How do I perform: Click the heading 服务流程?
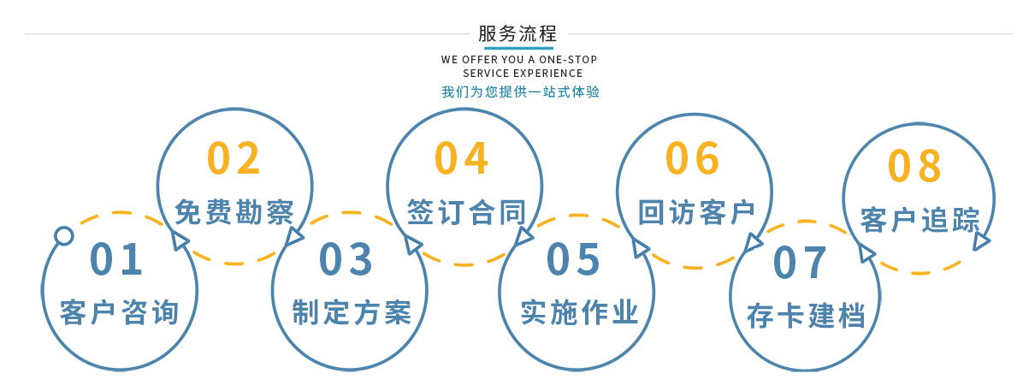(x=517, y=33)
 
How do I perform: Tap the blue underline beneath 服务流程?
(x=518, y=48)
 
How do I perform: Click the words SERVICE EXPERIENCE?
(x=523, y=73)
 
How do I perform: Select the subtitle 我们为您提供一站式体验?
(x=520, y=92)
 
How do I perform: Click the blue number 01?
(x=116, y=259)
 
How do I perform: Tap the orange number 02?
(x=234, y=158)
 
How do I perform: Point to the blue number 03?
(x=346, y=259)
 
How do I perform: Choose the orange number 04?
(x=461, y=158)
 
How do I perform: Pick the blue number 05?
(x=573, y=259)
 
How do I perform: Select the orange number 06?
(x=692, y=158)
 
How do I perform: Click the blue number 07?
(x=800, y=263)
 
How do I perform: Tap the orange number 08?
(x=914, y=165)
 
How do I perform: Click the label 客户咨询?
(x=119, y=312)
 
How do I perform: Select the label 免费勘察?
(x=234, y=212)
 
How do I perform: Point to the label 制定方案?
(x=352, y=312)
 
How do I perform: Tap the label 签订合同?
(x=466, y=212)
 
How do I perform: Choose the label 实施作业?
(x=579, y=312)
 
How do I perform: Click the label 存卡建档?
(x=806, y=316)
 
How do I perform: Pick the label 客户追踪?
(x=920, y=220)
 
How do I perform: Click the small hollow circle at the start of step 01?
(x=64, y=235)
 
